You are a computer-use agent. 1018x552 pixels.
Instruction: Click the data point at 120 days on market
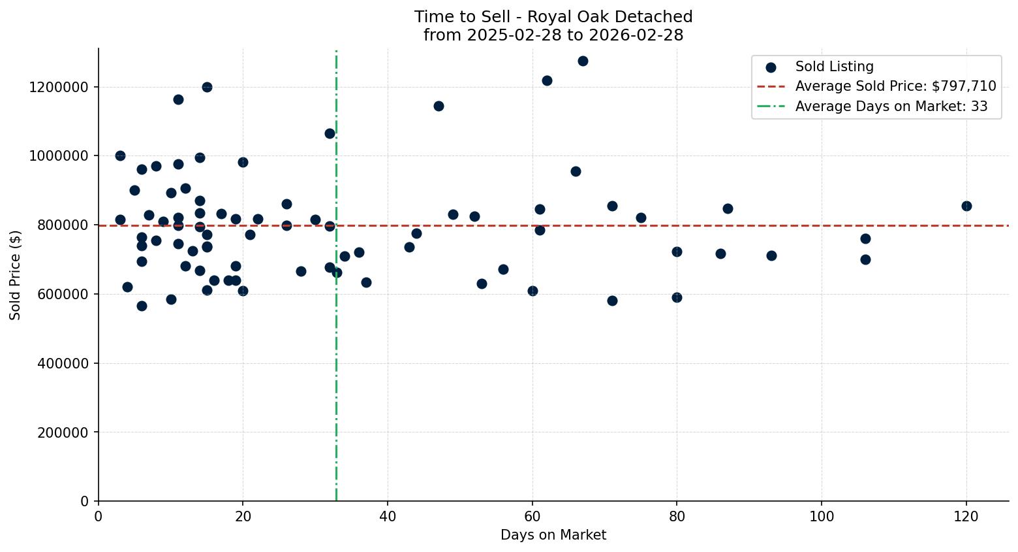click(x=966, y=206)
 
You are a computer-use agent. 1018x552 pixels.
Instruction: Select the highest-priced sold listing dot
click(x=583, y=61)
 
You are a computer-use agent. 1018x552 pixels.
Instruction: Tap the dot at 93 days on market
click(x=771, y=255)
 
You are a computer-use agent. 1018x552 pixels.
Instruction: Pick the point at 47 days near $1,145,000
click(x=439, y=106)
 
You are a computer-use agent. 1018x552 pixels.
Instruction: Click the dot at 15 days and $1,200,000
click(x=207, y=87)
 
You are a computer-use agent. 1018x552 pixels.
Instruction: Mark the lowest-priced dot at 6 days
click(x=142, y=306)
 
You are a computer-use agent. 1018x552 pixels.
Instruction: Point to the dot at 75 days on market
click(x=641, y=218)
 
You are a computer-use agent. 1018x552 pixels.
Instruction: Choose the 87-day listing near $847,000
click(x=728, y=208)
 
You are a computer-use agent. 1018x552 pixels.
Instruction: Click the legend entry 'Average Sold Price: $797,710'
click(x=895, y=86)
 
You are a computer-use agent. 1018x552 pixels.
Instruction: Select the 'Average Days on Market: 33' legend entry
click(x=891, y=106)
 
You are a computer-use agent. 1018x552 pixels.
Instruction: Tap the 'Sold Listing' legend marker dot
click(x=771, y=67)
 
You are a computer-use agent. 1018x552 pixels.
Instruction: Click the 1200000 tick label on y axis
click(x=59, y=87)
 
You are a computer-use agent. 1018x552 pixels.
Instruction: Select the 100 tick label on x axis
click(x=822, y=517)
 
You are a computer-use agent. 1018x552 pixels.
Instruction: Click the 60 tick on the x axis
click(x=532, y=517)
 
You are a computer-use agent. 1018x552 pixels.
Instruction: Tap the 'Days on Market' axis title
click(x=553, y=535)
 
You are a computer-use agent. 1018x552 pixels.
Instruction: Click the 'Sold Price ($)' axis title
click(x=15, y=275)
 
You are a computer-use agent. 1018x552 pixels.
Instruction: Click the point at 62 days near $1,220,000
click(x=547, y=80)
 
